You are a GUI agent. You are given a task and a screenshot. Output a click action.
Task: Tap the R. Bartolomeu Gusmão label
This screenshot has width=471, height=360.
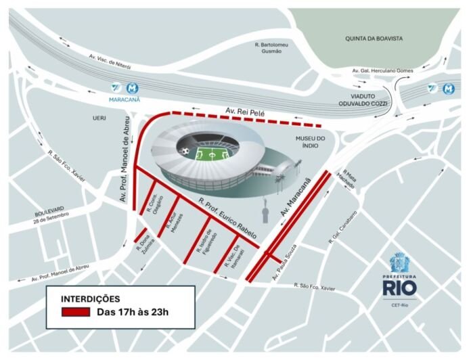point(272,47)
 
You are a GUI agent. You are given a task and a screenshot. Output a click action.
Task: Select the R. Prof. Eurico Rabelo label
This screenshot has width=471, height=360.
point(227,217)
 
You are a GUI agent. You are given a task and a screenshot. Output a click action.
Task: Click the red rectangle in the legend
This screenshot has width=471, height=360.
point(75,312)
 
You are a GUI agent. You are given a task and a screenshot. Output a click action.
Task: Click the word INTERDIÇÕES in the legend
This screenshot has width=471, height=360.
point(91,298)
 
